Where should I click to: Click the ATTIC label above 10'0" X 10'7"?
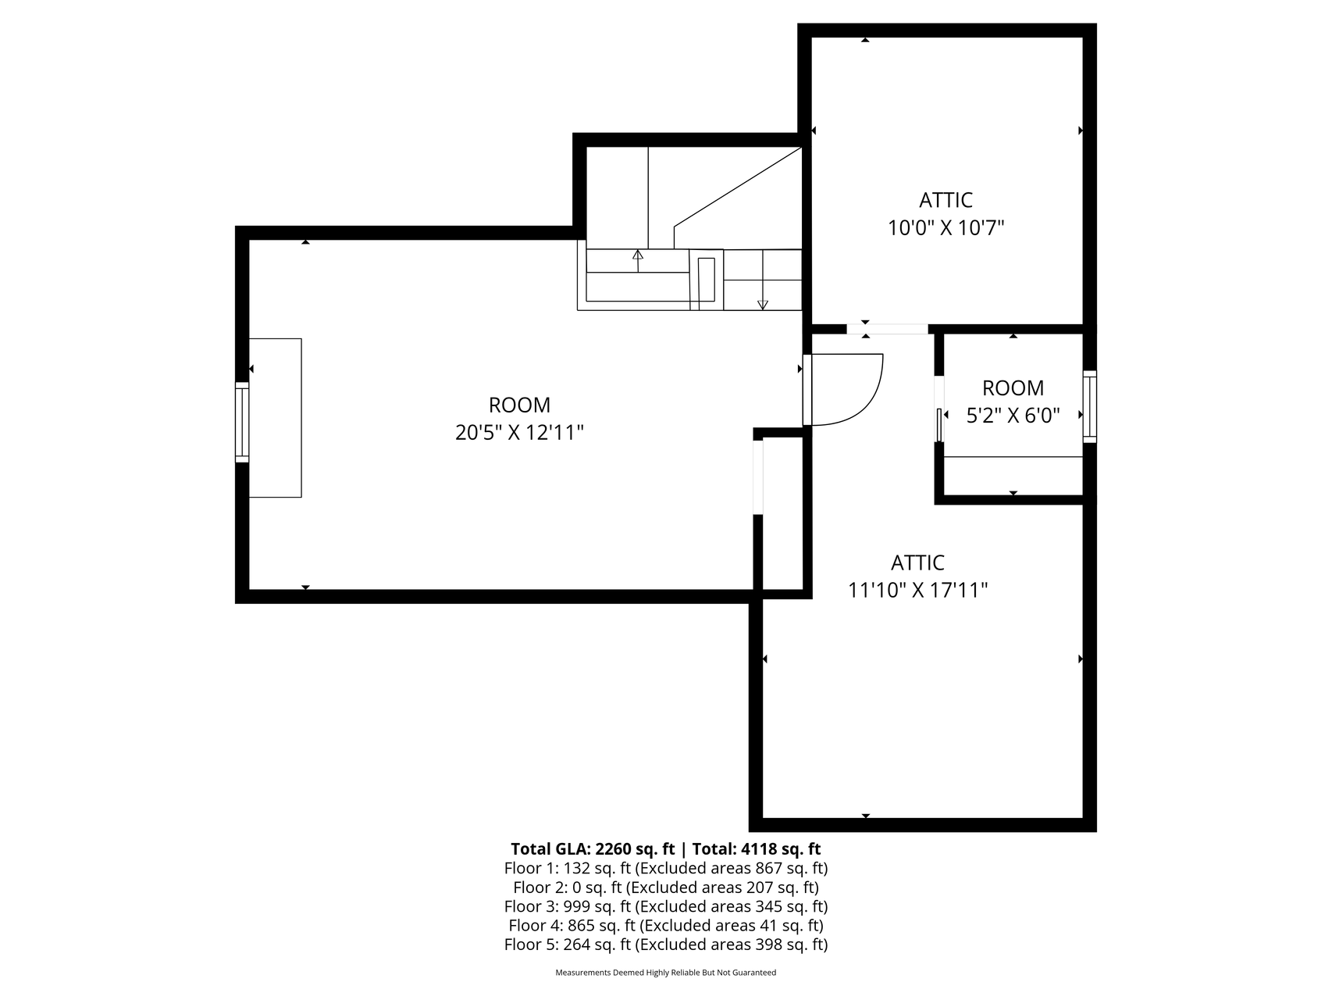(x=946, y=200)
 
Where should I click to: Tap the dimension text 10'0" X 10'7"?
(x=946, y=228)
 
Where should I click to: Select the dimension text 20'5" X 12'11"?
(x=519, y=432)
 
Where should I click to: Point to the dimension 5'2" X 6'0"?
(x=1013, y=416)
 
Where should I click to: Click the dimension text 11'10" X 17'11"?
(x=918, y=590)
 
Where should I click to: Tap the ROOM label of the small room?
(x=1013, y=387)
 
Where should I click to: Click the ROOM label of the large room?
(x=519, y=405)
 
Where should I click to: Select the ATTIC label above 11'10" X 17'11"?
(x=918, y=562)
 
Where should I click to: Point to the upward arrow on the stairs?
(x=638, y=260)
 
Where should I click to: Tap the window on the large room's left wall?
(x=242, y=422)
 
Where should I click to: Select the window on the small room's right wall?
(x=1089, y=406)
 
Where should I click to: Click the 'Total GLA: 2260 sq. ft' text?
(x=593, y=849)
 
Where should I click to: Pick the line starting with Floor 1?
(x=666, y=868)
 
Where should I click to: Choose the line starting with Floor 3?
(x=666, y=906)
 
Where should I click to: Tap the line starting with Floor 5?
(x=666, y=945)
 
